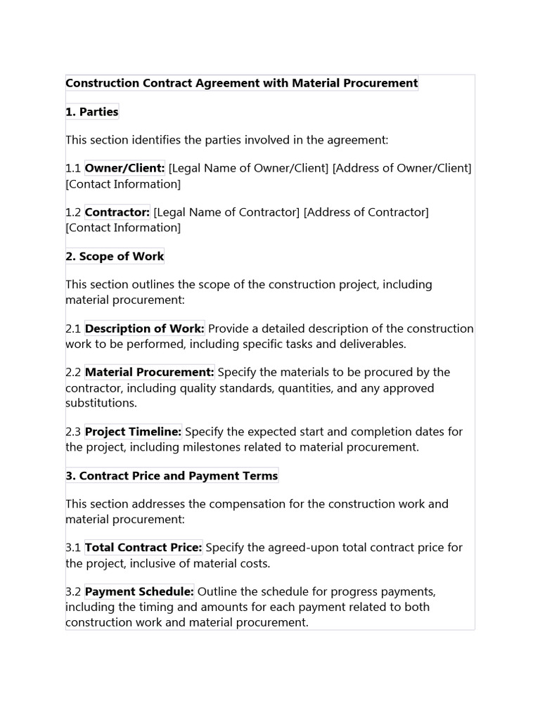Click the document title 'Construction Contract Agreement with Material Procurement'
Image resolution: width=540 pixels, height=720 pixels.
click(x=241, y=83)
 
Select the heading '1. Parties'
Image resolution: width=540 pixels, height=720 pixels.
click(x=92, y=112)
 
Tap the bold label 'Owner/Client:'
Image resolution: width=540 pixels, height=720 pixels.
click(x=124, y=168)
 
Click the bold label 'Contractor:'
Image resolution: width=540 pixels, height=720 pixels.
click(x=117, y=212)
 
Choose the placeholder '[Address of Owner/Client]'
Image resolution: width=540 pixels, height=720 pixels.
click(x=401, y=168)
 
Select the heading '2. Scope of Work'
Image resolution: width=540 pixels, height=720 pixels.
click(x=115, y=256)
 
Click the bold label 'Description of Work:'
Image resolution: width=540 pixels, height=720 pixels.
click(x=145, y=328)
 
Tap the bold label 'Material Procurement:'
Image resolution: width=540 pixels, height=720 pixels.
click(x=150, y=372)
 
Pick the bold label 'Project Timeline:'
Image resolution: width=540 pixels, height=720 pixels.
click(x=134, y=432)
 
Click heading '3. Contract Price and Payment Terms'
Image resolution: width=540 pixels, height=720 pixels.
click(x=172, y=476)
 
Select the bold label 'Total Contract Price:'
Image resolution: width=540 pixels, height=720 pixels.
click(x=143, y=547)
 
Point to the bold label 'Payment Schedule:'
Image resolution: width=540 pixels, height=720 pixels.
click(x=139, y=591)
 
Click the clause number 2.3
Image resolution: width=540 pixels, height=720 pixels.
click(x=73, y=432)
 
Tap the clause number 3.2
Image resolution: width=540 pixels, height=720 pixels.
click(x=73, y=591)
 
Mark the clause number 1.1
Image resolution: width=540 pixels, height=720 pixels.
click(x=73, y=168)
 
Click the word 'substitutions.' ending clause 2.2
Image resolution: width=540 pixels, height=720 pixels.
click(x=101, y=404)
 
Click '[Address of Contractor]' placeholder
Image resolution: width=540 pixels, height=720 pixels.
click(x=366, y=212)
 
